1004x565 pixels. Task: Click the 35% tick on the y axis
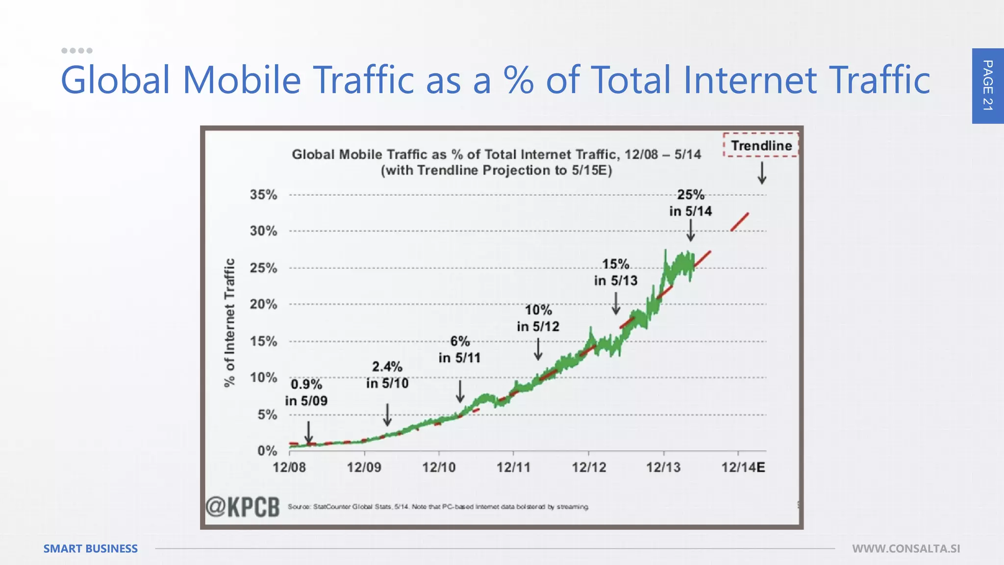pyautogui.click(x=263, y=195)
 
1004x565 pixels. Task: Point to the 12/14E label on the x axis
pyautogui.click(x=743, y=467)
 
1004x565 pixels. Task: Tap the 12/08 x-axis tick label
pyautogui.click(x=289, y=467)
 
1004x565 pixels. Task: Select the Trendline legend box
pyautogui.click(x=761, y=145)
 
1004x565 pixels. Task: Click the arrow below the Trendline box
pyautogui.click(x=762, y=173)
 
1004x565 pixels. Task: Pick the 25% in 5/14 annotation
pyautogui.click(x=690, y=203)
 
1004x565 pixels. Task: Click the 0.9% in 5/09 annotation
pyautogui.click(x=306, y=392)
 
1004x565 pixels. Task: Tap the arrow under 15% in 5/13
pyautogui.click(x=616, y=303)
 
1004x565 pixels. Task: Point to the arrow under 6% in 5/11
pyautogui.click(x=460, y=391)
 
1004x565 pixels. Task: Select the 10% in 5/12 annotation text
pyautogui.click(x=538, y=318)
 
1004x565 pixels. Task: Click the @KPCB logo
pyautogui.click(x=243, y=507)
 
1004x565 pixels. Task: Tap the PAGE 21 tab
pyautogui.click(x=987, y=86)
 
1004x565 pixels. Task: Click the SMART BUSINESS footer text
pyautogui.click(x=91, y=548)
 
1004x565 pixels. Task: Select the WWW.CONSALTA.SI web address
pyautogui.click(x=906, y=548)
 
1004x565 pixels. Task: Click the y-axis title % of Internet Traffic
pyautogui.click(x=229, y=322)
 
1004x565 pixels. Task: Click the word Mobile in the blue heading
pyautogui.click(x=242, y=79)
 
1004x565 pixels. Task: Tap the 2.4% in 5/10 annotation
pyautogui.click(x=387, y=375)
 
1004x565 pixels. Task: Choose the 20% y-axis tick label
pyautogui.click(x=263, y=304)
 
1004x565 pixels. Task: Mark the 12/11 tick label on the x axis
pyautogui.click(x=513, y=467)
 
